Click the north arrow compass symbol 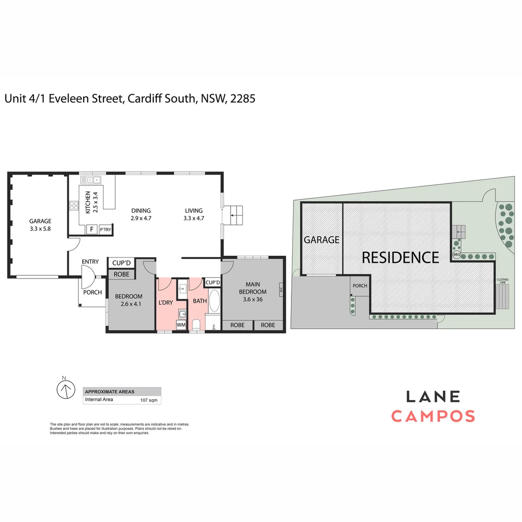[x=65, y=389]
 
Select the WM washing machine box [x=181, y=325]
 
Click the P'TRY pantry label [x=105, y=230]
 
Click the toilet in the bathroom [x=196, y=324]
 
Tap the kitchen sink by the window [x=91, y=180]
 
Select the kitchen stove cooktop [x=74, y=206]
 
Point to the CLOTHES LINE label [x=502, y=280]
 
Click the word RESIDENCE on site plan [x=400, y=258]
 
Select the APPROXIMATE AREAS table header [x=110, y=391]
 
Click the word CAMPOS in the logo [x=433, y=416]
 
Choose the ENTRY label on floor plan [x=90, y=262]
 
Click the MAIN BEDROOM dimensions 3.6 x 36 [x=256, y=299]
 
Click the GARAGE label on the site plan [x=321, y=240]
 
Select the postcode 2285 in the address [x=243, y=99]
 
